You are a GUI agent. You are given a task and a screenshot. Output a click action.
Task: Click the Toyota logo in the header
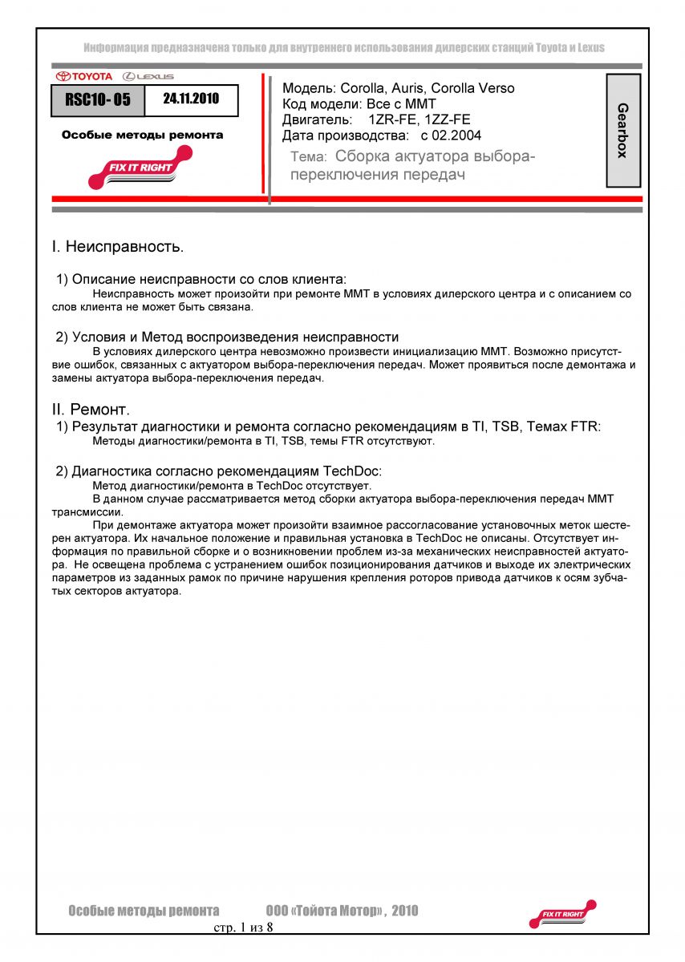(x=84, y=76)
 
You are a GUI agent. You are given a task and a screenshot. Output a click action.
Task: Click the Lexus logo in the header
(x=148, y=76)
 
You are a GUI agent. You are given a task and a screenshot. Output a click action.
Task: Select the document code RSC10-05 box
(x=98, y=100)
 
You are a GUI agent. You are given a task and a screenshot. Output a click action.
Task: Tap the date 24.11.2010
(x=191, y=99)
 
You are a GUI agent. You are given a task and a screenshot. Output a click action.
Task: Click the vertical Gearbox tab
(x=622, y=130)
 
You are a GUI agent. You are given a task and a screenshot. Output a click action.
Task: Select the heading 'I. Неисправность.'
(x=118, y=246)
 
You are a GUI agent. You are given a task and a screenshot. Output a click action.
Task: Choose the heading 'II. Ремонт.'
(x=91, y=410)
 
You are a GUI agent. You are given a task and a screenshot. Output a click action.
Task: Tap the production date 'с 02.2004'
(x=451, y=135)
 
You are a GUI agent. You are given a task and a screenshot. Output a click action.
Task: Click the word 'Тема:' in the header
(x=308, y=158)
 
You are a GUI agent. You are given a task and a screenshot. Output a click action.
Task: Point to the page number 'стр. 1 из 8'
(x=243, y=928)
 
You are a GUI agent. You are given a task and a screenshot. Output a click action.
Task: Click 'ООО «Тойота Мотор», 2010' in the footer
(x=342, y=911)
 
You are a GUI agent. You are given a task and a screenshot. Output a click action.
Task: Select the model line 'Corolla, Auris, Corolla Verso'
(x=428, y=88)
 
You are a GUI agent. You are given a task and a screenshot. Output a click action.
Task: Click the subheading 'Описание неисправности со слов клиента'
(x=208, y=279)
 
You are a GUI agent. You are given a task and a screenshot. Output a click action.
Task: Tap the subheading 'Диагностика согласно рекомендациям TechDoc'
(x=226, y=470)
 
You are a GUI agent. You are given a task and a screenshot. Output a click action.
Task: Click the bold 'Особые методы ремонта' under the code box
(x=143, y=135)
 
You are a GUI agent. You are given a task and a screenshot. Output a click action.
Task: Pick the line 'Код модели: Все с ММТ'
(x=359, y=104)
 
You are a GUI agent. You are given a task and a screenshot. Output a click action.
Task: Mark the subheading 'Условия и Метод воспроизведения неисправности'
(x=235, y=337)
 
